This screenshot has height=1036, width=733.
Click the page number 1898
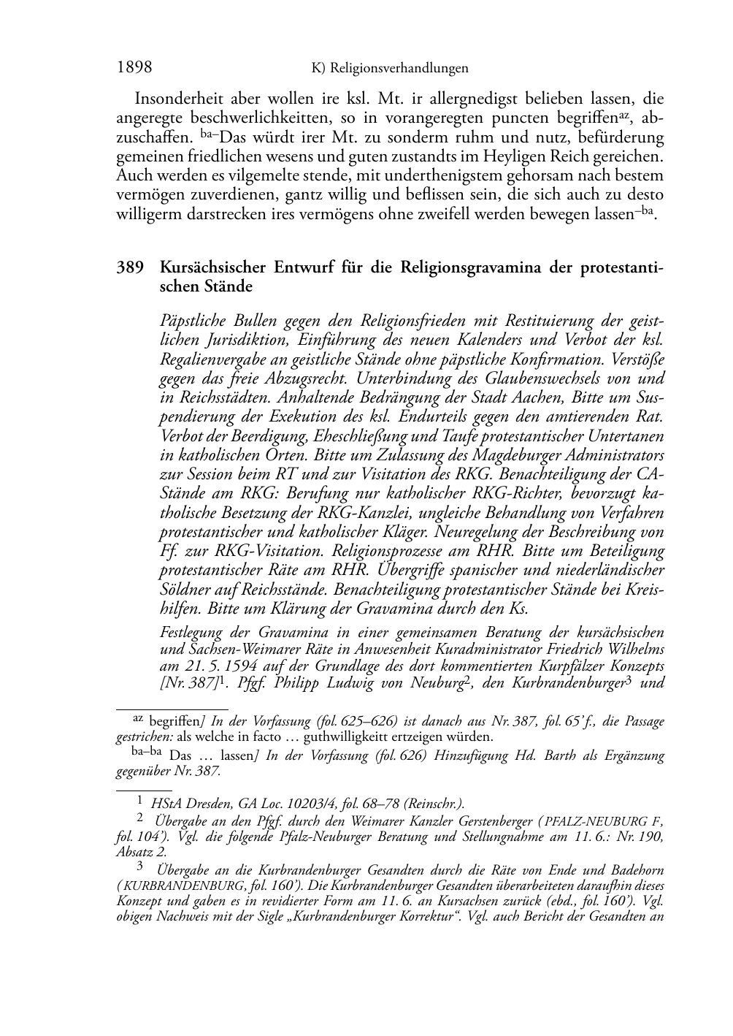coord(134,68)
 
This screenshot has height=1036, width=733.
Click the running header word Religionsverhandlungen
coord(399,69)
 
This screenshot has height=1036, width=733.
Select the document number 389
coord(129,267)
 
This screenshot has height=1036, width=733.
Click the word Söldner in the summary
coord(183,588)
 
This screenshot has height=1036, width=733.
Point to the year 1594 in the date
coord(238,665)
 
